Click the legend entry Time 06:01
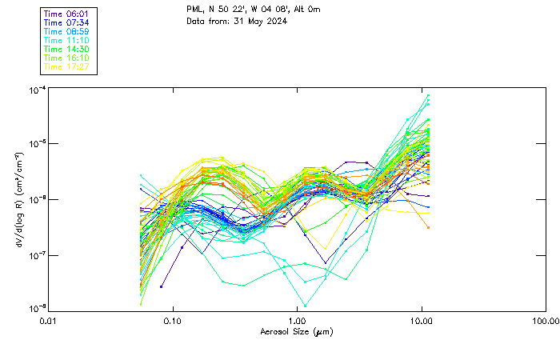[x=66, y=14]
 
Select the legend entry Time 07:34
[x=66, y=23]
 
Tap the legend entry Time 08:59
[x=66, y=32]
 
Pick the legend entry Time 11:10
[x=66, y=40]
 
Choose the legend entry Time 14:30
[x=66, y=49]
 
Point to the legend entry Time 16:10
[x=66, y=58]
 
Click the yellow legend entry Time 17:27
[x=66, y=66]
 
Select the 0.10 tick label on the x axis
[x=173, y=321]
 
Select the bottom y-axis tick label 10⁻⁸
[x=36, y=309]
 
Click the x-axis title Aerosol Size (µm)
[x=296, y=331]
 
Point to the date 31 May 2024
[x=259, y=22]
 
